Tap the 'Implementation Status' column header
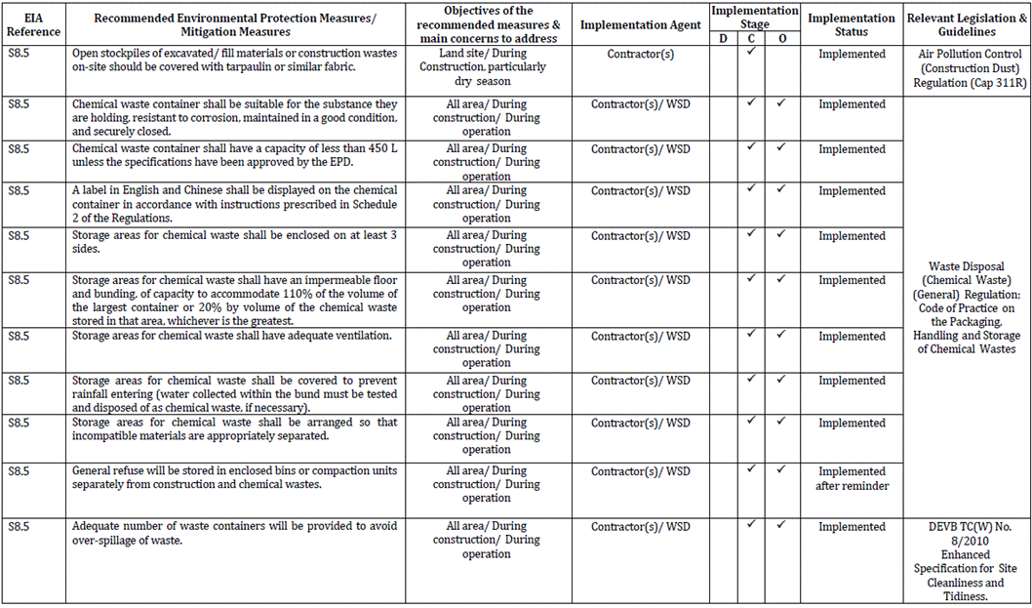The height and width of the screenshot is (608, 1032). click(852, 24)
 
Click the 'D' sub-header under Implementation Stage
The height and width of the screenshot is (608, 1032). click(723, 38)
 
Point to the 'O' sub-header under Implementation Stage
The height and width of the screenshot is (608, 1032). click(780, 38)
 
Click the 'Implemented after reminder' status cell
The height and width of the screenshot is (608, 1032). click(852, 478)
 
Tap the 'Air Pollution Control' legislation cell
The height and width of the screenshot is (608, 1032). click(965, 69)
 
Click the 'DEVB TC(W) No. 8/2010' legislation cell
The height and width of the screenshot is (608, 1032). click(965, 561)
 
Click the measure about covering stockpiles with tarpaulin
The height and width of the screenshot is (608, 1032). click(235, 61)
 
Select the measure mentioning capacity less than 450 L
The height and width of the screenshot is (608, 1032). click(235, 155)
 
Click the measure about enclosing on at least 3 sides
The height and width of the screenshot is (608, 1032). click(235, 242)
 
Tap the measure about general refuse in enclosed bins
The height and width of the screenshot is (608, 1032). click(235, 477)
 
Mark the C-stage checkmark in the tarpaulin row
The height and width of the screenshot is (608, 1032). click(751, 52)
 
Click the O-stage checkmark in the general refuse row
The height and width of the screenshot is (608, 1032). click(780, 469)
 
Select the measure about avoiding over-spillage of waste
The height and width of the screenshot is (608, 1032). click(235, 533)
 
